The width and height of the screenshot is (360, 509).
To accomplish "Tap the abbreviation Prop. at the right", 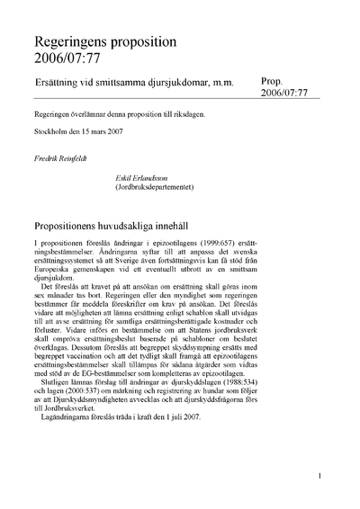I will pyautogui.click(x=274, y=81).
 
